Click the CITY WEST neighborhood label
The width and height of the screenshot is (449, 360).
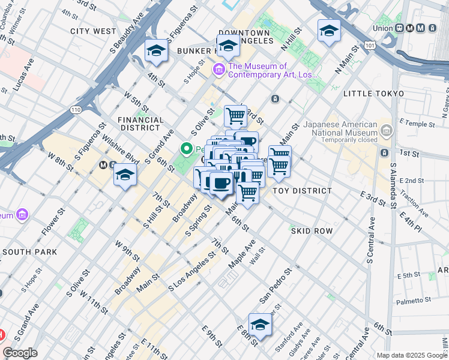click(93, 31)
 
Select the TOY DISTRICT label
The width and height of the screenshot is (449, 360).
click(302, 191)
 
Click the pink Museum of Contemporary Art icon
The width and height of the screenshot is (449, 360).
click(218, 71)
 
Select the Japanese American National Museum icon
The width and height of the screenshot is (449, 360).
click(386, 130)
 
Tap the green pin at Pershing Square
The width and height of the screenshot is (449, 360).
click(187, 149)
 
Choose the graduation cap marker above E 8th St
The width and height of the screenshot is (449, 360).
click(260, 325)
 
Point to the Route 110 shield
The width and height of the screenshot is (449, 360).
click(75, 110)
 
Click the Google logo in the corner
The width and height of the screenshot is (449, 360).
click(20, 353)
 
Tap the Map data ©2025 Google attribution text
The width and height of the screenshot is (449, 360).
click(411, 355)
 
